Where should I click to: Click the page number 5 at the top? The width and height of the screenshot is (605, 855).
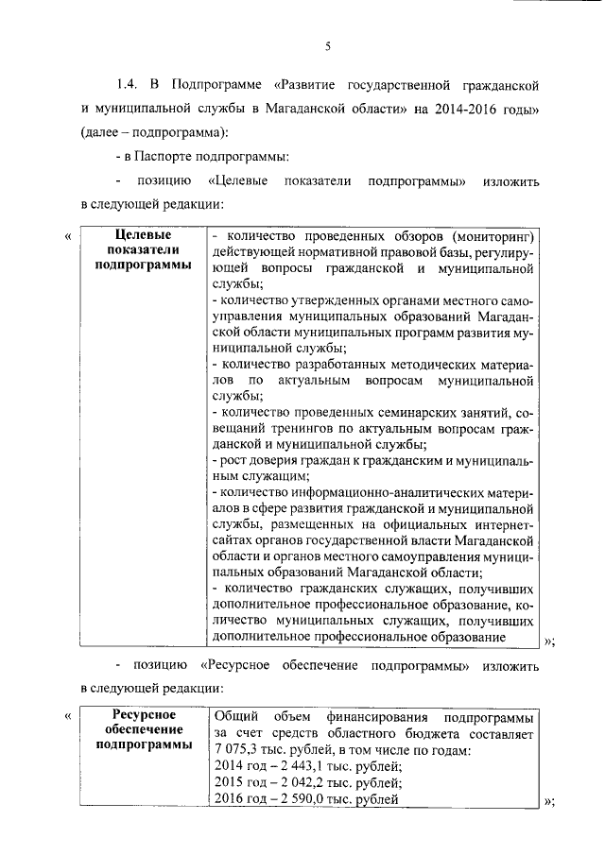[328, 46]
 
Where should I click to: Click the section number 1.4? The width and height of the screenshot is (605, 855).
[128, 86]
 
